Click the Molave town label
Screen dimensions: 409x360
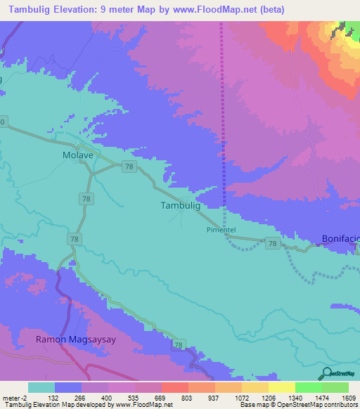[77, 155]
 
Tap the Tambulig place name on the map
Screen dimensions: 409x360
[181, 206]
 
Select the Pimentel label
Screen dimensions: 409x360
[223, 230]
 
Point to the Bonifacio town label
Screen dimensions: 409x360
[341, 239]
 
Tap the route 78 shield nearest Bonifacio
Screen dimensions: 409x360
[273, 242]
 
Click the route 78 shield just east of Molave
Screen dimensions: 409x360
[129, 166]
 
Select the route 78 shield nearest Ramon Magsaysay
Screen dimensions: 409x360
[179, 345]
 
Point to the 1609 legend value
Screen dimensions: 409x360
[348, 397]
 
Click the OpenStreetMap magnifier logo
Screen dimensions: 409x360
[326, 372]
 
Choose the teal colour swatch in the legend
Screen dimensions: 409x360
[41, 387]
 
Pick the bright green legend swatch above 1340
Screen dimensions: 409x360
[308, 387]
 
